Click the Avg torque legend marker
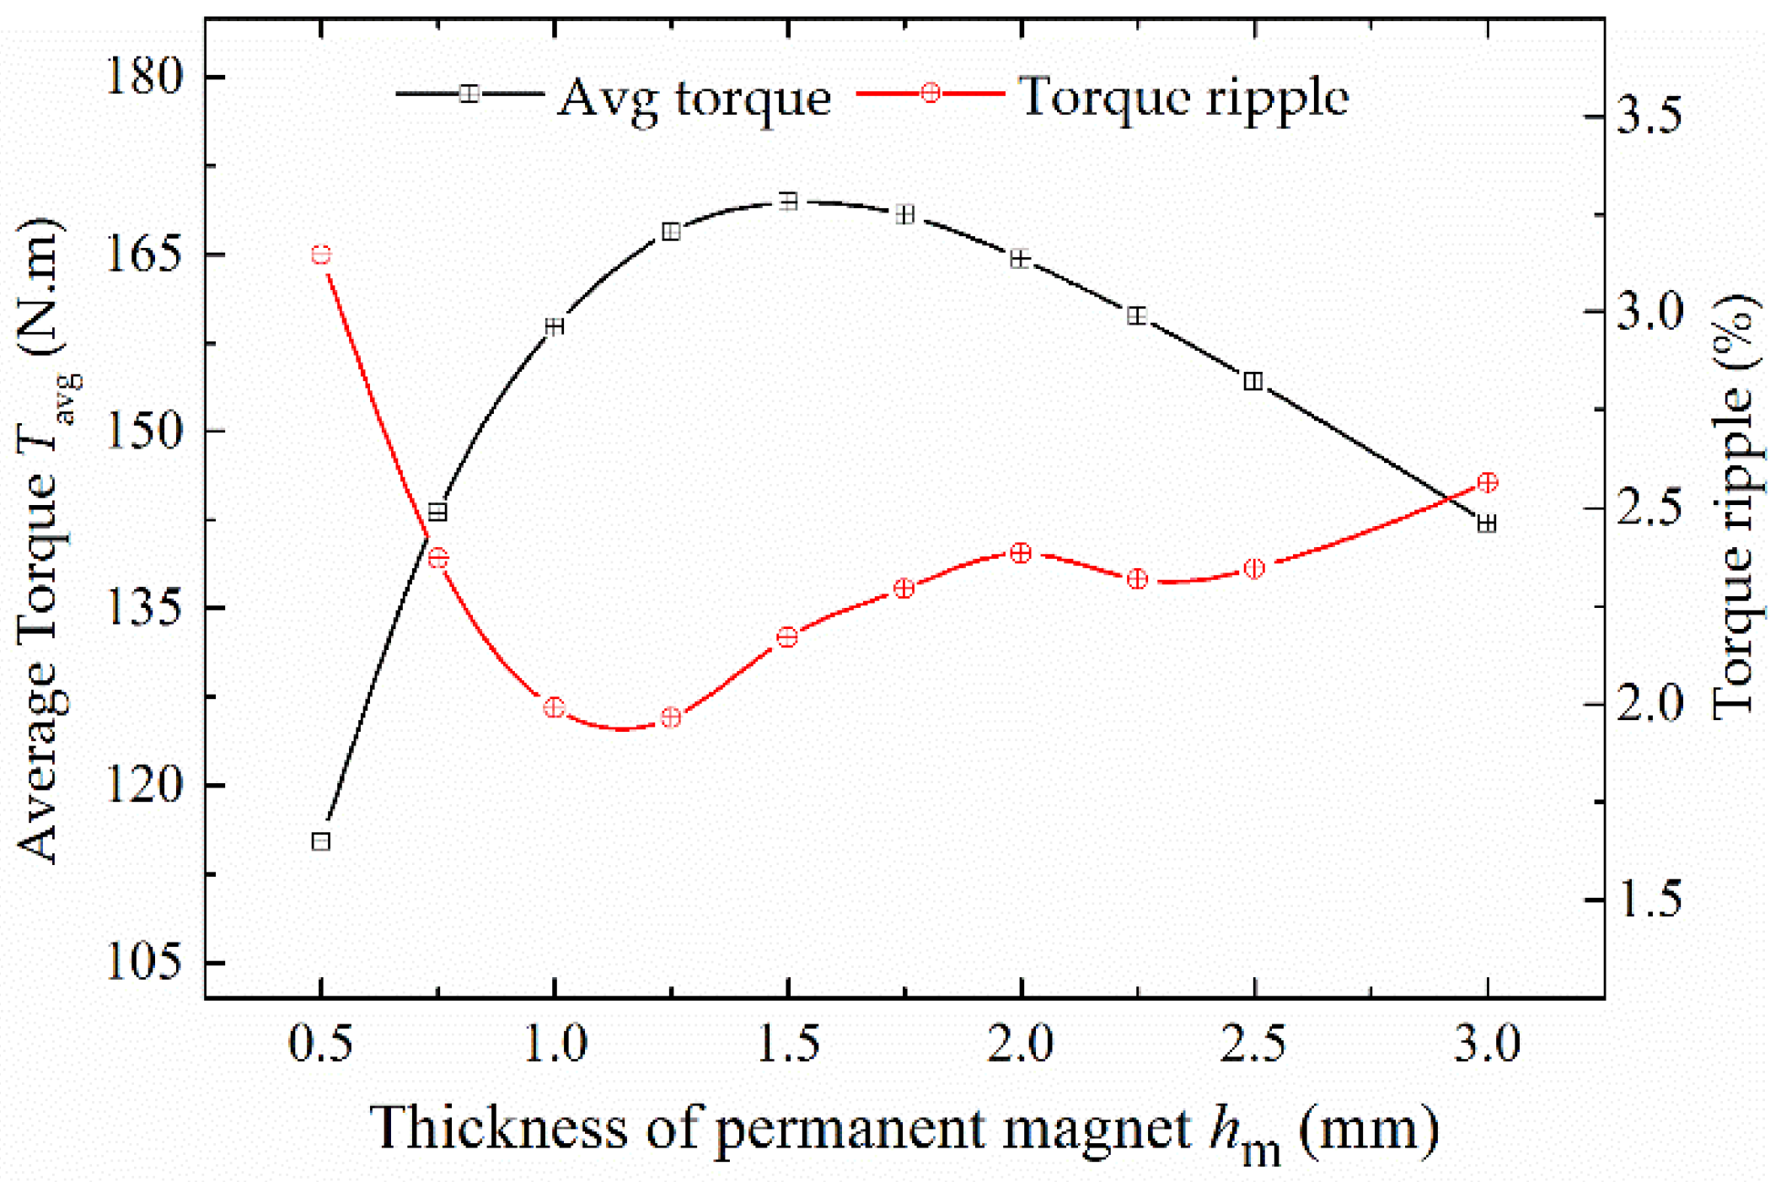469,94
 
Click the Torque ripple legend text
1183,96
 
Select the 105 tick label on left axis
143,962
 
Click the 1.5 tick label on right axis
1649,900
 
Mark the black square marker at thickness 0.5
321,841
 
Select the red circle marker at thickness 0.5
321,255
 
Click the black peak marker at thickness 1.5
788,201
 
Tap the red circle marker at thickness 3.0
1488,482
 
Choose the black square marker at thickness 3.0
1488,524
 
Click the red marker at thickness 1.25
671,717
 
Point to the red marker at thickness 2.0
1021,553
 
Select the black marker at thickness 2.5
1253,381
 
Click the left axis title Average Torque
42,540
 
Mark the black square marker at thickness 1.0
555,326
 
